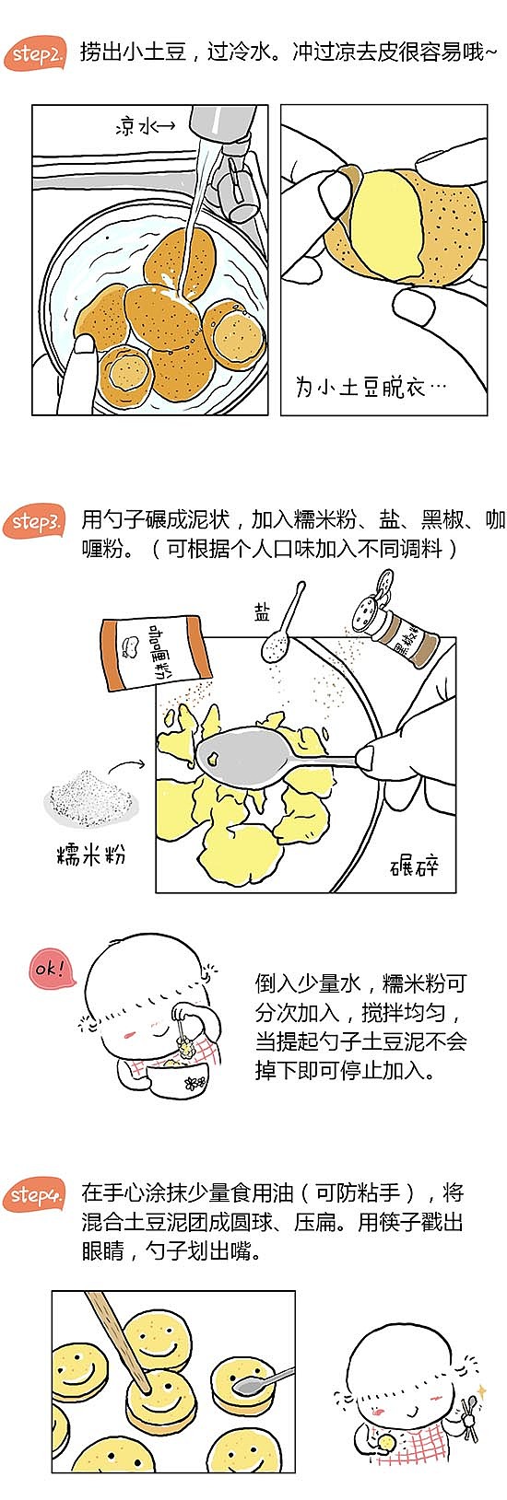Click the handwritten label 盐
point(263,610)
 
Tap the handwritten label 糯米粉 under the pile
point(91,855)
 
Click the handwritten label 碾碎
point(415,866)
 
